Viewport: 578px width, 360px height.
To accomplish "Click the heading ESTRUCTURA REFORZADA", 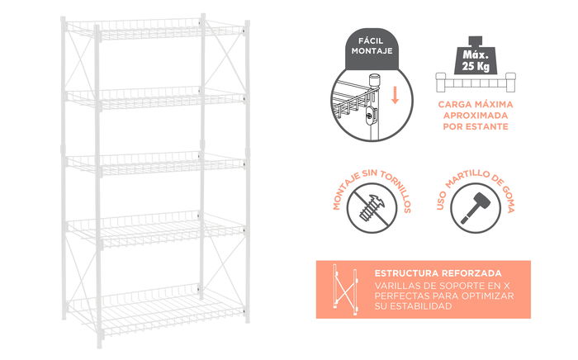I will (x=437, y=273).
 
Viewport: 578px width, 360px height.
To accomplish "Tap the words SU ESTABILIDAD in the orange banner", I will (x=413, y=306).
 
